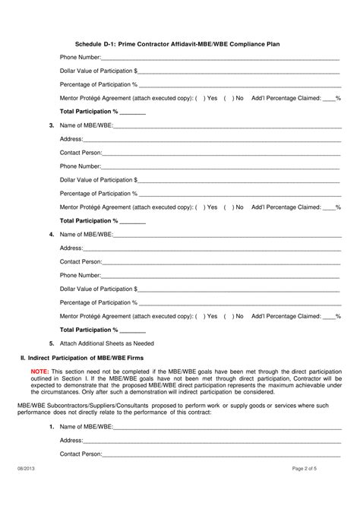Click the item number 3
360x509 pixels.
(51, 125)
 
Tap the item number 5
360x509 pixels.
(51, 343)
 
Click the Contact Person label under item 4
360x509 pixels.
(81, 261)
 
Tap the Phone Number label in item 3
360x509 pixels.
(81, 166)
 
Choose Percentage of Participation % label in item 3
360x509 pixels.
(99, 193)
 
